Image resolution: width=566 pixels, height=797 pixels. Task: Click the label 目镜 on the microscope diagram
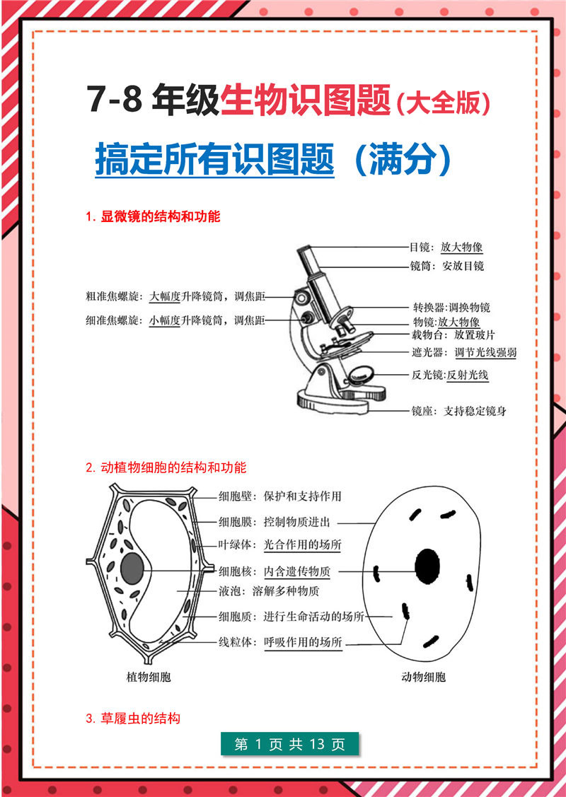(x=420, y=248)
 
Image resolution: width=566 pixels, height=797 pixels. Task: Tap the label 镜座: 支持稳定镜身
(x=458, y=411)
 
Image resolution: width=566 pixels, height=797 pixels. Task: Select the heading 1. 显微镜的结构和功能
(x=153, y=216)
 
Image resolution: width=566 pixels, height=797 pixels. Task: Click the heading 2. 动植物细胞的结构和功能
(x=166, y=467)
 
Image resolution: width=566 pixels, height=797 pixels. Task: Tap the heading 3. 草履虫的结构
(x=133, y=718)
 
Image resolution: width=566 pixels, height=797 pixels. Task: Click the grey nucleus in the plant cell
(x=133, y=568)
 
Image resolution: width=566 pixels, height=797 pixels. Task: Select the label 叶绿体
(x=232, y=545)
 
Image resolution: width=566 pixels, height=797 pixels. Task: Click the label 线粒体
(x=232, y=642)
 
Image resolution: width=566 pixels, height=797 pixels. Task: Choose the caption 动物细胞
(x=423, y=677)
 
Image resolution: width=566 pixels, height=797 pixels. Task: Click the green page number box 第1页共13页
(x=289, y=744)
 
